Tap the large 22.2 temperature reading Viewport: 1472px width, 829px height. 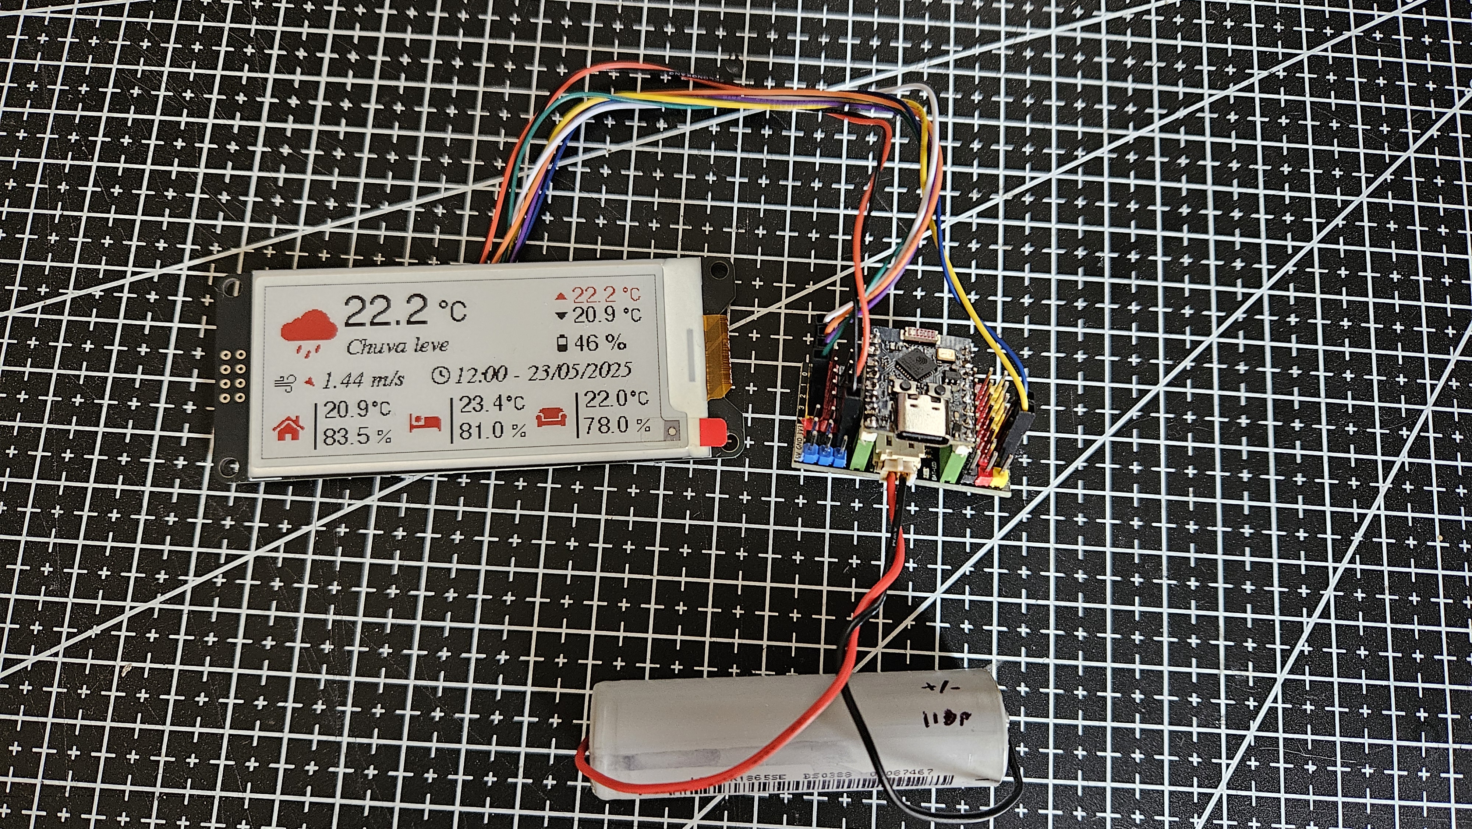point(385,310)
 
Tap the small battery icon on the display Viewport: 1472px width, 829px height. point(563,343)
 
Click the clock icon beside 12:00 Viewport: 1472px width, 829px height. point(441,374)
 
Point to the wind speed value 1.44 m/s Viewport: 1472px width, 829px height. point(364,379)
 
